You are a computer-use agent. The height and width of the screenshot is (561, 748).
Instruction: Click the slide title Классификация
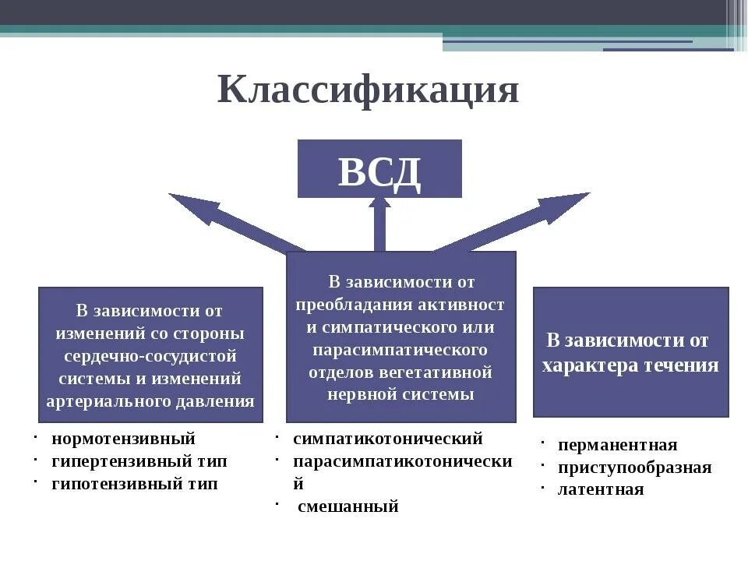(x=368, y=90)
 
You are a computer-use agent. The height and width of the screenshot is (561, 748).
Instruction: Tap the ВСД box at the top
(x=379, y=169)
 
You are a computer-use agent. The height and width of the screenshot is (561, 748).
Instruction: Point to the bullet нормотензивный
(x=123, y=439)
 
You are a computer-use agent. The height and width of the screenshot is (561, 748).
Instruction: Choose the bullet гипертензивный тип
(x=139, y=461)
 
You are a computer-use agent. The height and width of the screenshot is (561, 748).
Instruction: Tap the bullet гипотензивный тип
(x=135, y=484)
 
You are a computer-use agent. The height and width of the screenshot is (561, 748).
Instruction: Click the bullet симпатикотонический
(x=388, y=439)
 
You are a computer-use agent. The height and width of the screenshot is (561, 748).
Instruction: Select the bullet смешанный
(x=348, y=507)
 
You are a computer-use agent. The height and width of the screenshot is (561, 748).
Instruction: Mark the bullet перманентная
(x=618, y=445)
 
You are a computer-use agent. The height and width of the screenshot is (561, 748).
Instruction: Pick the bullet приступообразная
(x=634, y=467)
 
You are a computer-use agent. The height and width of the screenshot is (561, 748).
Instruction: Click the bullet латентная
(x=601, y=490)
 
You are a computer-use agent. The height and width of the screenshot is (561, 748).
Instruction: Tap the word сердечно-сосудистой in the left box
(x=150, y=356)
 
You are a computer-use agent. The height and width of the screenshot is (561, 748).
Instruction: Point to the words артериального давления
(x=150, y=401)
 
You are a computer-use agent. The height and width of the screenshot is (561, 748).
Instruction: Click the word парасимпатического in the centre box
(x=400, y=349)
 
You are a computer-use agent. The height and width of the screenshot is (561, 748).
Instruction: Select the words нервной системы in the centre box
(x=400, y=394)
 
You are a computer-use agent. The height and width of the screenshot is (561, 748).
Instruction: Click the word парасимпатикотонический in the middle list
(x=402, y=461)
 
